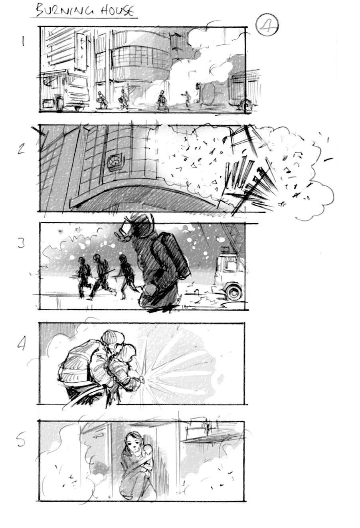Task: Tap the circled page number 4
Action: [267, 25]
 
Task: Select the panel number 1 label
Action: [23, 41]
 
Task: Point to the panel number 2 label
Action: [22, 148]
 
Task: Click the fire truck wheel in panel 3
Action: [231, 291]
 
